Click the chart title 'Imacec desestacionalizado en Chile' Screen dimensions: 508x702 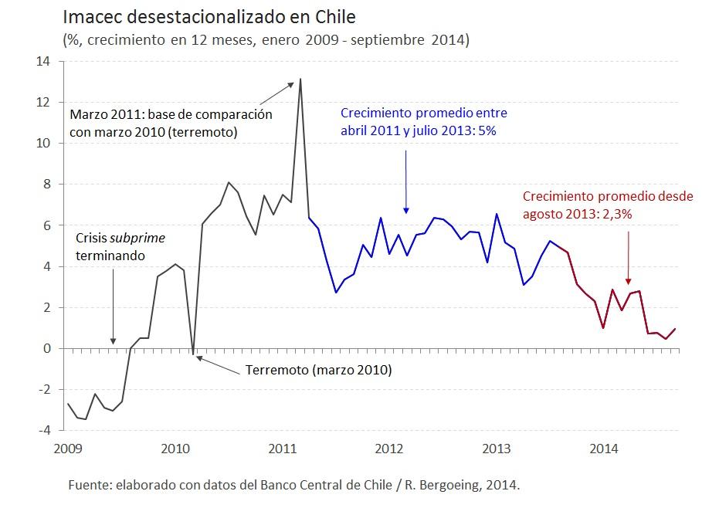pos(209,17)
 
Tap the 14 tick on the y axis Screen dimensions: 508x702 pos(44,61)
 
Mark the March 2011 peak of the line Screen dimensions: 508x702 pos(300,79)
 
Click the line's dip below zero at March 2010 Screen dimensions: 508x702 pos(192,354)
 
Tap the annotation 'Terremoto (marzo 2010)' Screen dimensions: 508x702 pos(318,370)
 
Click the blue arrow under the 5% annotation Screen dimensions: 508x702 pos(406,181)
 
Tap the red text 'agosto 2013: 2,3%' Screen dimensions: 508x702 pos(578,215)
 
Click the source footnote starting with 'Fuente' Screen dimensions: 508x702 pos(294,485)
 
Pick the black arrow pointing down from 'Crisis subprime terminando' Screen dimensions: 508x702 pos(113,305)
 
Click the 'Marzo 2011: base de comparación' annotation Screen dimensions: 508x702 pos(171,114)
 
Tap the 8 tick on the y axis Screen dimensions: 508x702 pos(48,184)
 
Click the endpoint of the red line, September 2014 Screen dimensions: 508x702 pos(675,329)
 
